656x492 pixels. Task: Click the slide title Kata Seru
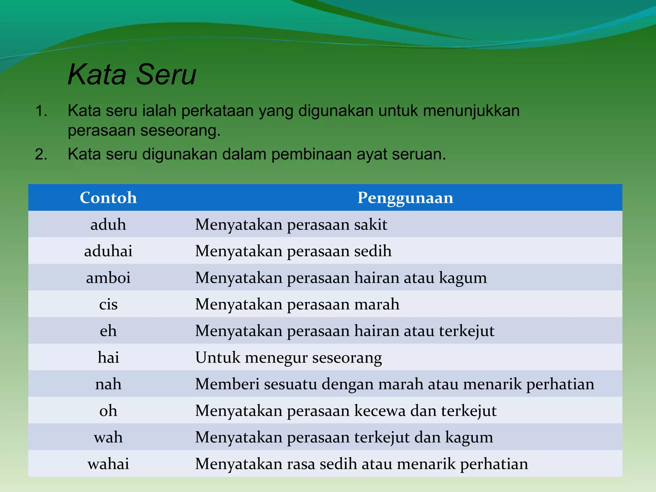coord(132,75)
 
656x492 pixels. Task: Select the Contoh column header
coord(108,198)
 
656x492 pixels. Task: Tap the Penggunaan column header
coord(405,198)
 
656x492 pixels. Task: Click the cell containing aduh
coord(108,224)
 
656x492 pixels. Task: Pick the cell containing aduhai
coord(108,251)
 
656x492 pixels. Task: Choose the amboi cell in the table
coord(108,277)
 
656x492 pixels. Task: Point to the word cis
coord(108,304)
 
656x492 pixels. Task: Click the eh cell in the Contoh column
coord(108,331)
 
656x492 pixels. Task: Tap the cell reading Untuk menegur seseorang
coord(288,357)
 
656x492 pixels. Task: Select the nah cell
coord(108,384)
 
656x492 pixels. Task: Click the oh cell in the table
coord(108,411)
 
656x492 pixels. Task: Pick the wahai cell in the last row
coord(108,464)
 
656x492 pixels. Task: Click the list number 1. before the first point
coord(41,111)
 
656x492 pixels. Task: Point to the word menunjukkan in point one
coord(471,111)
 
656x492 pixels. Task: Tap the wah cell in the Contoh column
coord(108,437)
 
